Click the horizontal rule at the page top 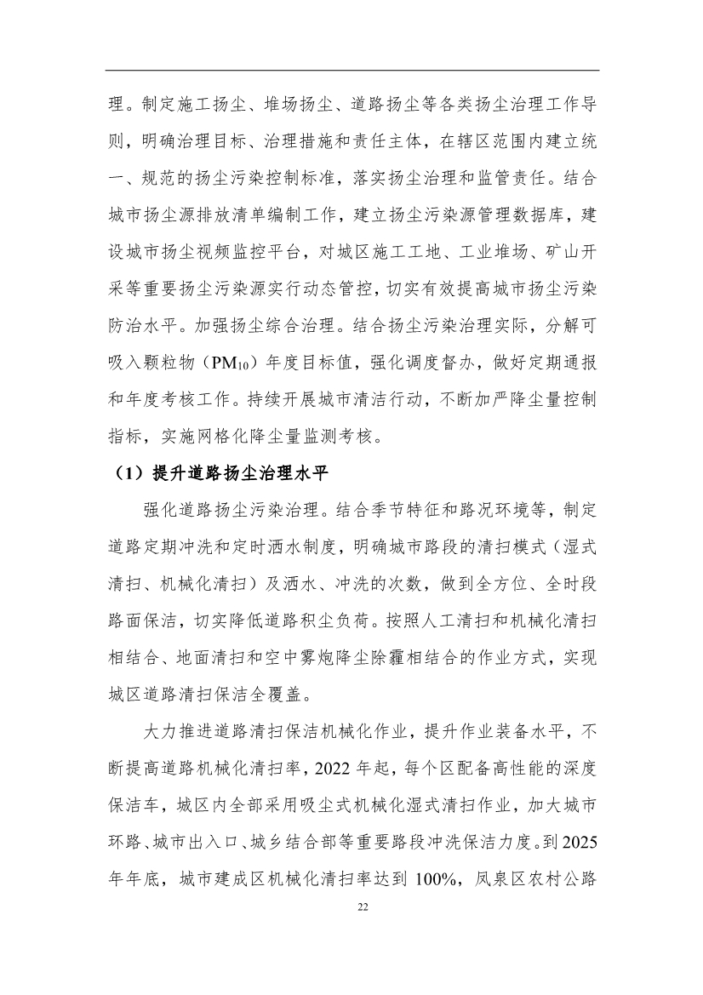pos(351,71)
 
